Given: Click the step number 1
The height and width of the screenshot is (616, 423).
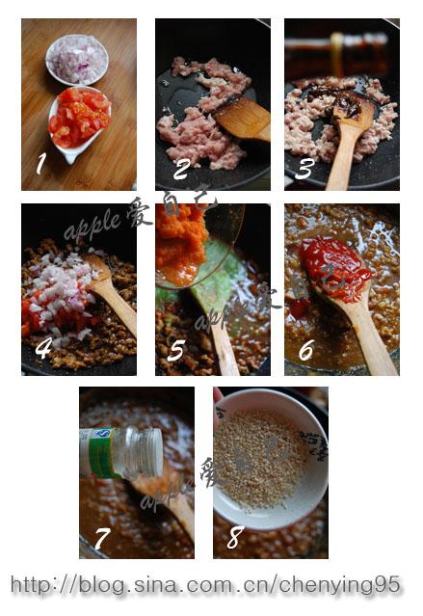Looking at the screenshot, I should point(40,164).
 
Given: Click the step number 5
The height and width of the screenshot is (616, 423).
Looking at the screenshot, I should point(174,351).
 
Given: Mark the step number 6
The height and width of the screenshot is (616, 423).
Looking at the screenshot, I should point(305,351).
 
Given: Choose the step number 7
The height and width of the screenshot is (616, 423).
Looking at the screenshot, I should point(102,537).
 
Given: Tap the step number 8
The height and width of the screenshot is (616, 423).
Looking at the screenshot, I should point(234,536).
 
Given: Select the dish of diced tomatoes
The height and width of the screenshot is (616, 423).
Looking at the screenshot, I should point(79,120).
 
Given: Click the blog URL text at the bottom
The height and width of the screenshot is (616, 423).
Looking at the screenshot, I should point(204,584).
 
